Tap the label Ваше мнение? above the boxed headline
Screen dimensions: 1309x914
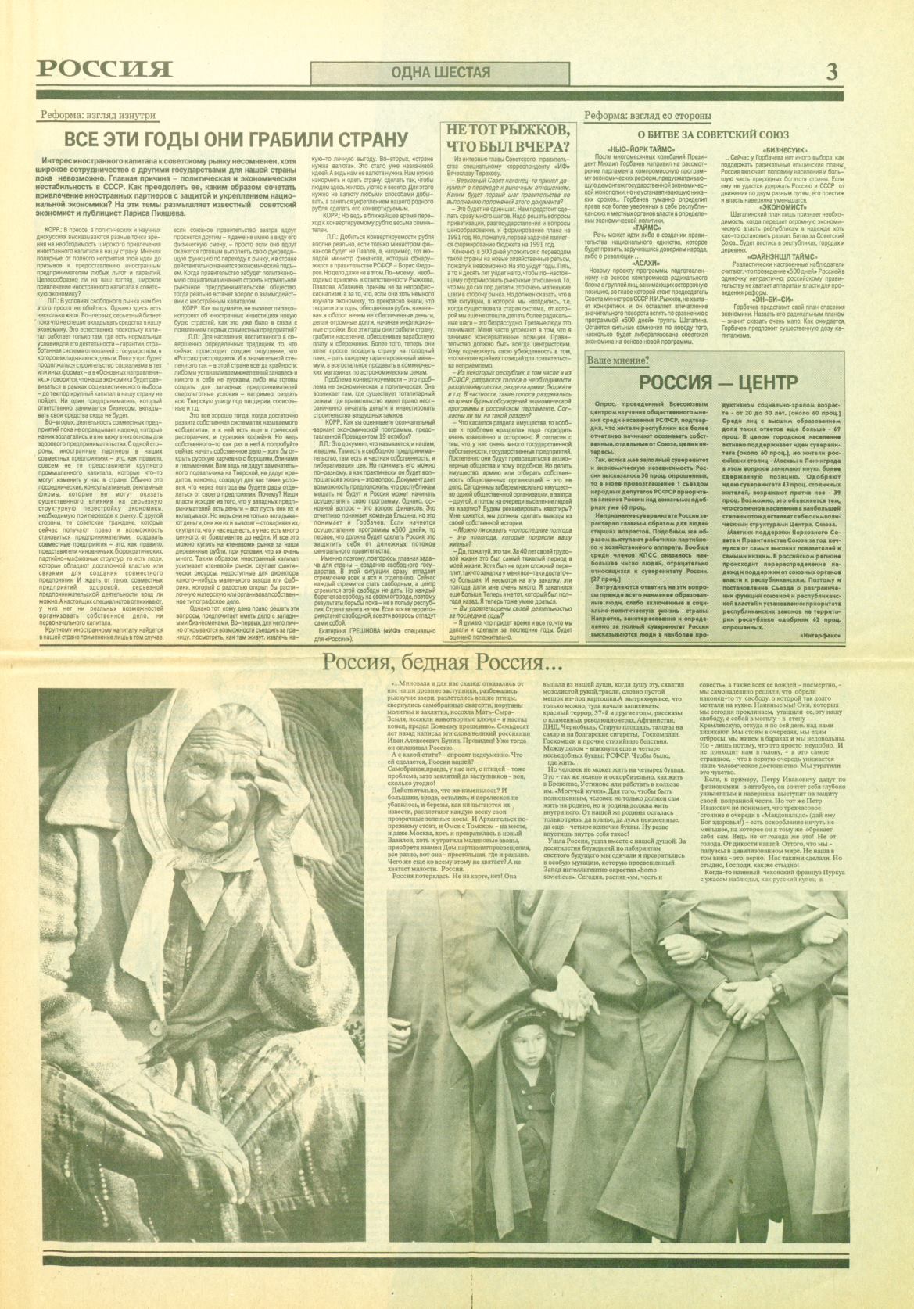(x=618, y=360)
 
